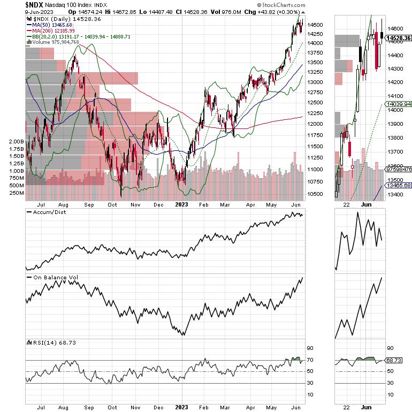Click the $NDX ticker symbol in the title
click(35, 4)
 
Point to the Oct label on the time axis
click(112, 204)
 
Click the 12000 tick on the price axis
click(315, 124)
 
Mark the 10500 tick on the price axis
click(315, 194)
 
